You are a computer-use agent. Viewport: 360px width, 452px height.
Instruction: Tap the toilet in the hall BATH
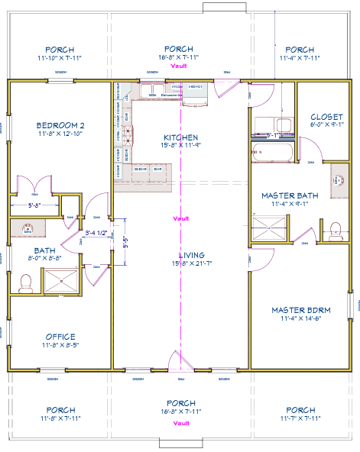pos(25,283)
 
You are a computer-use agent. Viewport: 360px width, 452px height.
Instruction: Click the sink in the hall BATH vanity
pos(28,228)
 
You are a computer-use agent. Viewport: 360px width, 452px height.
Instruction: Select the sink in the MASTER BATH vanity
pos(336,181)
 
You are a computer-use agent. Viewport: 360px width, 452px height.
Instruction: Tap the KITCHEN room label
pos(180,137)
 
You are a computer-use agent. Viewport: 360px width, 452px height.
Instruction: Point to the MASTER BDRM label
pos(300,310)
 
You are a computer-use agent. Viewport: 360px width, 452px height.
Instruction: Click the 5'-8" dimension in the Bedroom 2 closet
pos(34,205)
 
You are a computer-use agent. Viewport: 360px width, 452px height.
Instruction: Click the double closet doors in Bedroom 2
pos(35,186)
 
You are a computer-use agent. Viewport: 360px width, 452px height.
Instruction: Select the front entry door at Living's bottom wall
pos(180,362)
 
